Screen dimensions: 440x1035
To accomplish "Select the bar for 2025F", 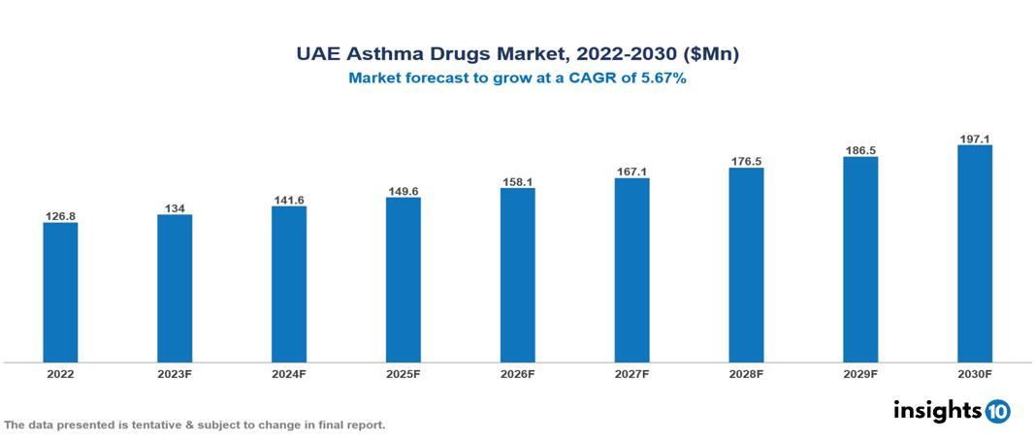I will pos(403,280).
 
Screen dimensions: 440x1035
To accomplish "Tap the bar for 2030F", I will pos(974,254).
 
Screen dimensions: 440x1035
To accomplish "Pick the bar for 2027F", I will pos(631,270).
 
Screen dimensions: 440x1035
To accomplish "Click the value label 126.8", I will pos(60,215).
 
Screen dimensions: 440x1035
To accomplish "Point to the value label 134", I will pos(175,206).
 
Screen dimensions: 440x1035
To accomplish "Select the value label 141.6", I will pos(289,199).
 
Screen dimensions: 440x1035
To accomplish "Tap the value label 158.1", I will pos(517,180).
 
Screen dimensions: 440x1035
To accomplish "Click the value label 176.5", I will pos(746,161).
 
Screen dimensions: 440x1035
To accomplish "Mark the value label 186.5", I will pos(860,150).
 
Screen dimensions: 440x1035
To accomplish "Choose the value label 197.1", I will pos(974,139).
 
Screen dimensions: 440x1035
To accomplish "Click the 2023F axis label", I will pos(175,373).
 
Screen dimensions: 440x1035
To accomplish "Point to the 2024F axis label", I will pos(289,373).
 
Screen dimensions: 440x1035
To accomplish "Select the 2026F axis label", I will pos(517,373).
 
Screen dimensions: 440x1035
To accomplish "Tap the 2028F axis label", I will pos(746,373).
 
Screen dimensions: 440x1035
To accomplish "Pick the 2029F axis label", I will pos(860,373).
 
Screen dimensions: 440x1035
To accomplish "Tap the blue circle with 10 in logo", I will pos(997,411).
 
